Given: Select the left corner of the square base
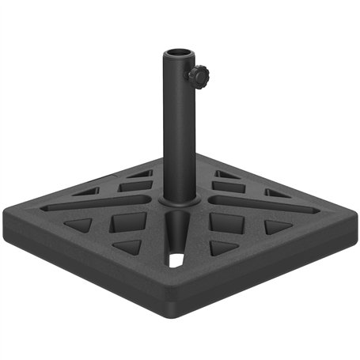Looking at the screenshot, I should [11, 207].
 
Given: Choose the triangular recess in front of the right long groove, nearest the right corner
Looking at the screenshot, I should [277, 227].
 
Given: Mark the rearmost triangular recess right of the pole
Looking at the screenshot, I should [228, 175].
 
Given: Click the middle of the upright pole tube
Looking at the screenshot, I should [179, 127].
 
